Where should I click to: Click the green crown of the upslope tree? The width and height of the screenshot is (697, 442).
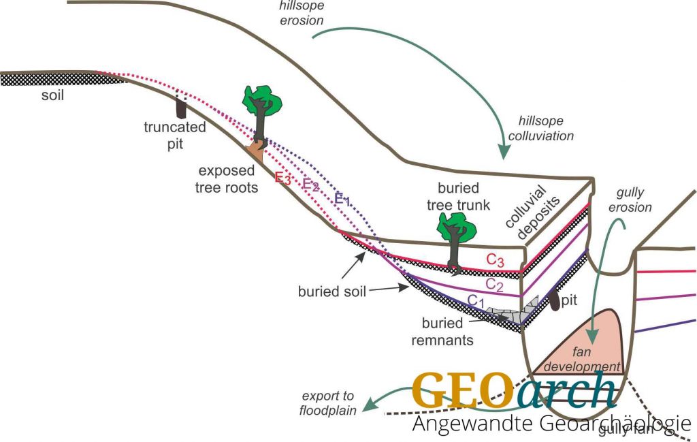click(x=262, y=100)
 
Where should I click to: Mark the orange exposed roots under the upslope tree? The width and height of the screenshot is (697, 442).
click(x=257, y=146)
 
